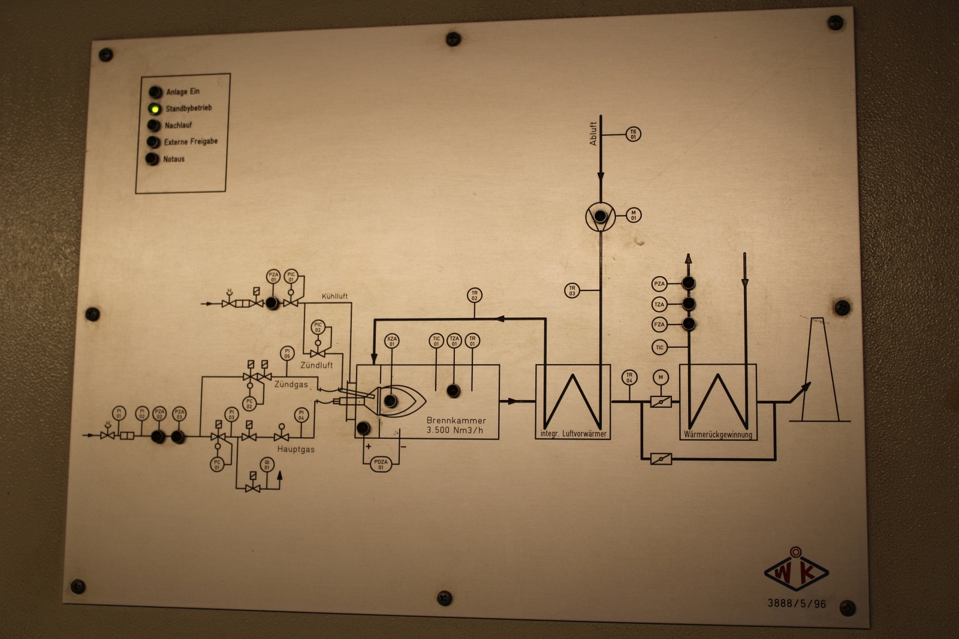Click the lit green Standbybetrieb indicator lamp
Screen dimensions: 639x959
pyautogui.click(x=155, y=109)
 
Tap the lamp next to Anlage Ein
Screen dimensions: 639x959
pyautogui.click(x=156, y=92)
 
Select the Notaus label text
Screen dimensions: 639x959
pyautogui.click(x=174, y=159)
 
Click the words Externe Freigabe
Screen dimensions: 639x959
pyautogui.click(x=191, y=142)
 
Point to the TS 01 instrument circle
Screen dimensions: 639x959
pyautogui.click(x=633, y=134)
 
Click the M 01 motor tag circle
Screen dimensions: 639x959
pyautogui.click(x=633, y=215)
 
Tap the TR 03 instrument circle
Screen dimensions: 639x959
pyautogui.click(x=572, y=291)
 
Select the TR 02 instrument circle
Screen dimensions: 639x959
pyautogui.click(x=474, y=295)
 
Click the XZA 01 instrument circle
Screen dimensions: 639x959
pyautogui.click(x=392, y=341)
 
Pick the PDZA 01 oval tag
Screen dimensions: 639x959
pyautogui.click(x=381, y=464)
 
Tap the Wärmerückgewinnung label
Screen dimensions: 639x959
pyautogui.click(x=717, y=435)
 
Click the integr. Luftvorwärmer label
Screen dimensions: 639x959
pyautogui.click(x=572, y=434)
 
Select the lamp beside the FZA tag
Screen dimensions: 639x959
pyautogui.click(x=689, y=324)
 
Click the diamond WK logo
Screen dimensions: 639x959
pyautogui.click(x=796, y=572)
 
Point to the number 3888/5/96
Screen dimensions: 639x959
pyautogui.click(x=797, y=604)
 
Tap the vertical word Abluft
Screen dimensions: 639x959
pyautogui.click(x=593, y=134)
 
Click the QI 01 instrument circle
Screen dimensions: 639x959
pyautogui.click(x=267, y=464)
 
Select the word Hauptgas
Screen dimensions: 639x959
pyautogui.click(x=295, y=449)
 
